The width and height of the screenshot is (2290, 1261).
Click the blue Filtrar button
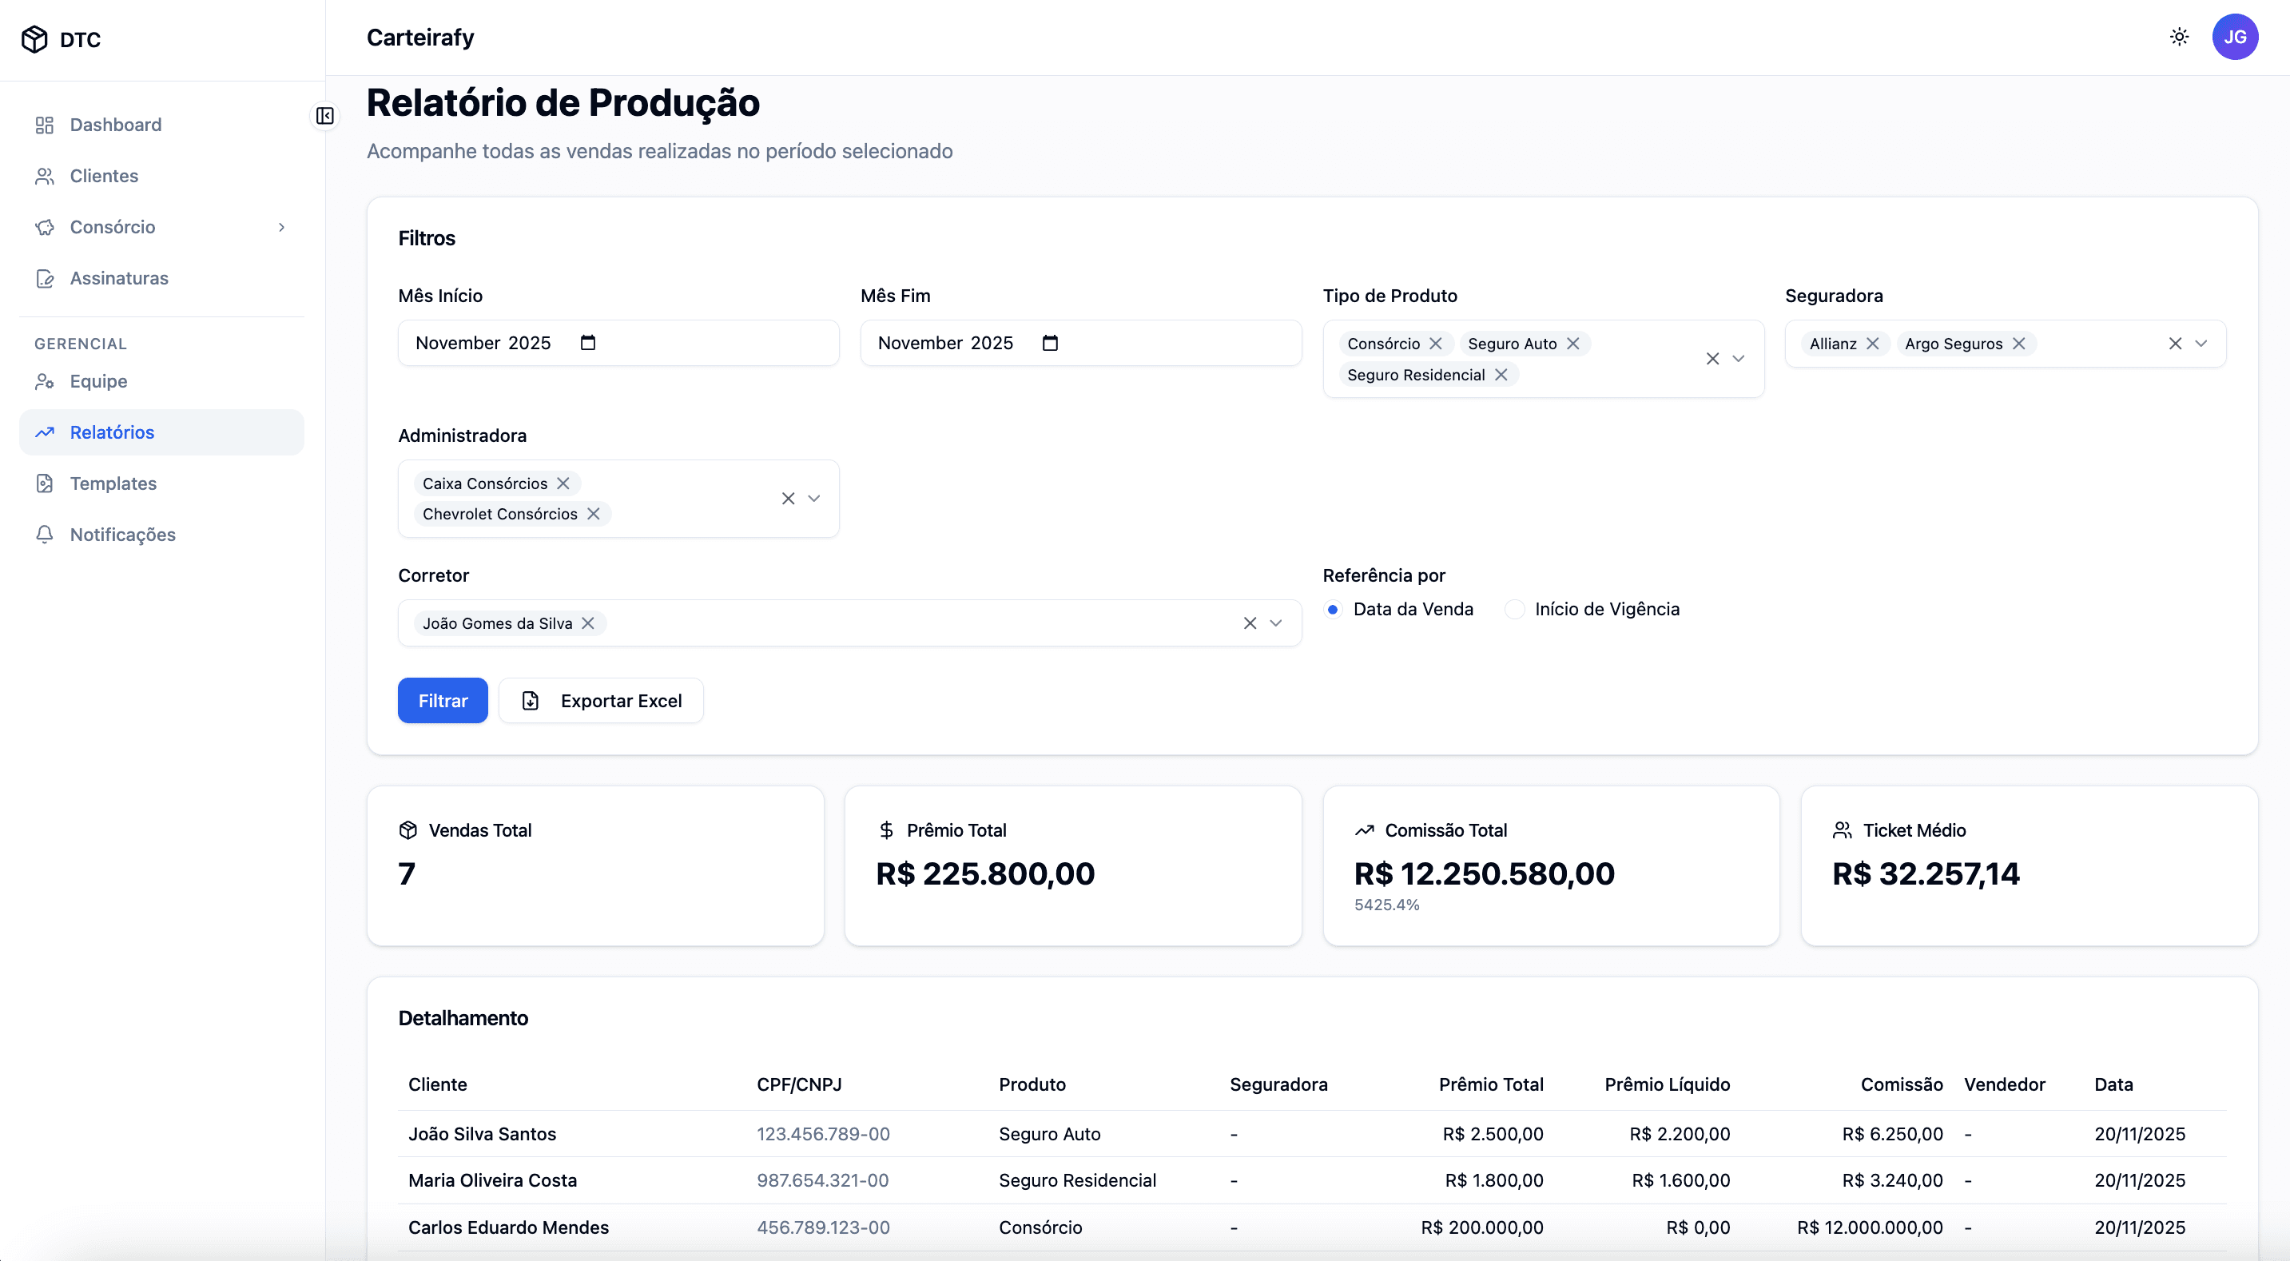442,701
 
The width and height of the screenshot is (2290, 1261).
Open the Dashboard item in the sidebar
116,125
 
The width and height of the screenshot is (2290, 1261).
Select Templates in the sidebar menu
113,483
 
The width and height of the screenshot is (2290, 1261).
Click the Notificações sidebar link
123,535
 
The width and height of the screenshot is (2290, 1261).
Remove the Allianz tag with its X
1872,344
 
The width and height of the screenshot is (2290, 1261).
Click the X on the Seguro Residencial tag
1501,376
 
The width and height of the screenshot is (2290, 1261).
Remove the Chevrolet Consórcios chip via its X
593,514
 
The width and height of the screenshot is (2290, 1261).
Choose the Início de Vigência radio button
1514,609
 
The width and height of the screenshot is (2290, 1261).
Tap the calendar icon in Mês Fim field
1050,344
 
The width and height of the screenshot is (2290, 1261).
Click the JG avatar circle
2234,38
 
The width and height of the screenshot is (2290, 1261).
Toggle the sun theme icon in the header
2179,38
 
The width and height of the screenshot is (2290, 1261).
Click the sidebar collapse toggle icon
325,116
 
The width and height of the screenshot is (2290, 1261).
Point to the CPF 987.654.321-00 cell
822,1180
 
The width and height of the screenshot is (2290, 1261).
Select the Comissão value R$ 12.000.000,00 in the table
1870,1227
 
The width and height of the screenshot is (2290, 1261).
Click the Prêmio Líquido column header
1667,1084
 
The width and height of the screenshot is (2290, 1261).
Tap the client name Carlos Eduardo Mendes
508,1227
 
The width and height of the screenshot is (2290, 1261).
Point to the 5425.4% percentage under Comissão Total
1386,905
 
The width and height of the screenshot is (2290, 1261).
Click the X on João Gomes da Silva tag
587,623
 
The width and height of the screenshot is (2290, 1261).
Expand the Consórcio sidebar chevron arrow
282,228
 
